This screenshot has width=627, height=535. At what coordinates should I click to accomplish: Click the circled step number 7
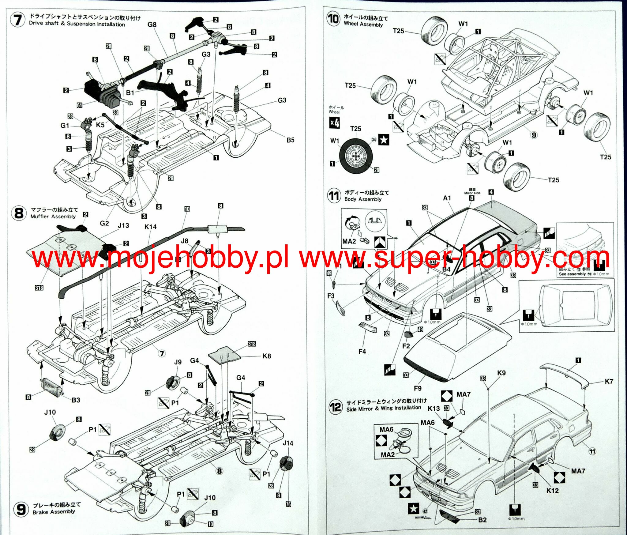(x=18, y=21)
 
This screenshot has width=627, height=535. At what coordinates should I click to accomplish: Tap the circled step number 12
(x=335, y=407)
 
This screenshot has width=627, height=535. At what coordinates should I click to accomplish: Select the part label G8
(x=152, y=24)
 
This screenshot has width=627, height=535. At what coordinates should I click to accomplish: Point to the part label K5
(x=100, y=125)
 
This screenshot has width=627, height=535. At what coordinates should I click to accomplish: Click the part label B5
(x=290, y=140)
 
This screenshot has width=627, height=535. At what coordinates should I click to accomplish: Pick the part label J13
(x=123, y=225)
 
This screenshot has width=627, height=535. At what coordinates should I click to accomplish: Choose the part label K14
(x=150, y=227)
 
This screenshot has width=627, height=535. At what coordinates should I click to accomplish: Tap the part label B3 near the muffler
(x=76, y=400)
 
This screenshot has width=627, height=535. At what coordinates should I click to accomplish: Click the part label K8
(x=267, y=356)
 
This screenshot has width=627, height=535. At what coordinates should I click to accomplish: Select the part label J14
(x=288, y=443)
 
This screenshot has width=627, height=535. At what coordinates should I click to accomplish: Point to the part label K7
(x=609, y=381)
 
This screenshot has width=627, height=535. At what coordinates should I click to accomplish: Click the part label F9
(x=418, y=388)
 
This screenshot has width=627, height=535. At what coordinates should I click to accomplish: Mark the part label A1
(x=447, y=198)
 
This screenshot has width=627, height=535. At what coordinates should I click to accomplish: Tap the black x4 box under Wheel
(x=335, y=123)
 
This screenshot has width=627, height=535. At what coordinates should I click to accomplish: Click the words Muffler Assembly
(x=53, y=217)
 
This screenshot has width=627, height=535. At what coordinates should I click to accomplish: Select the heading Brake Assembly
(x=54, y=512)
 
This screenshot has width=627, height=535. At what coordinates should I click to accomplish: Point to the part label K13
(x=434, y=408)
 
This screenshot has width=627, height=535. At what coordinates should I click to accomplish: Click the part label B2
(x=482, y=520)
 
